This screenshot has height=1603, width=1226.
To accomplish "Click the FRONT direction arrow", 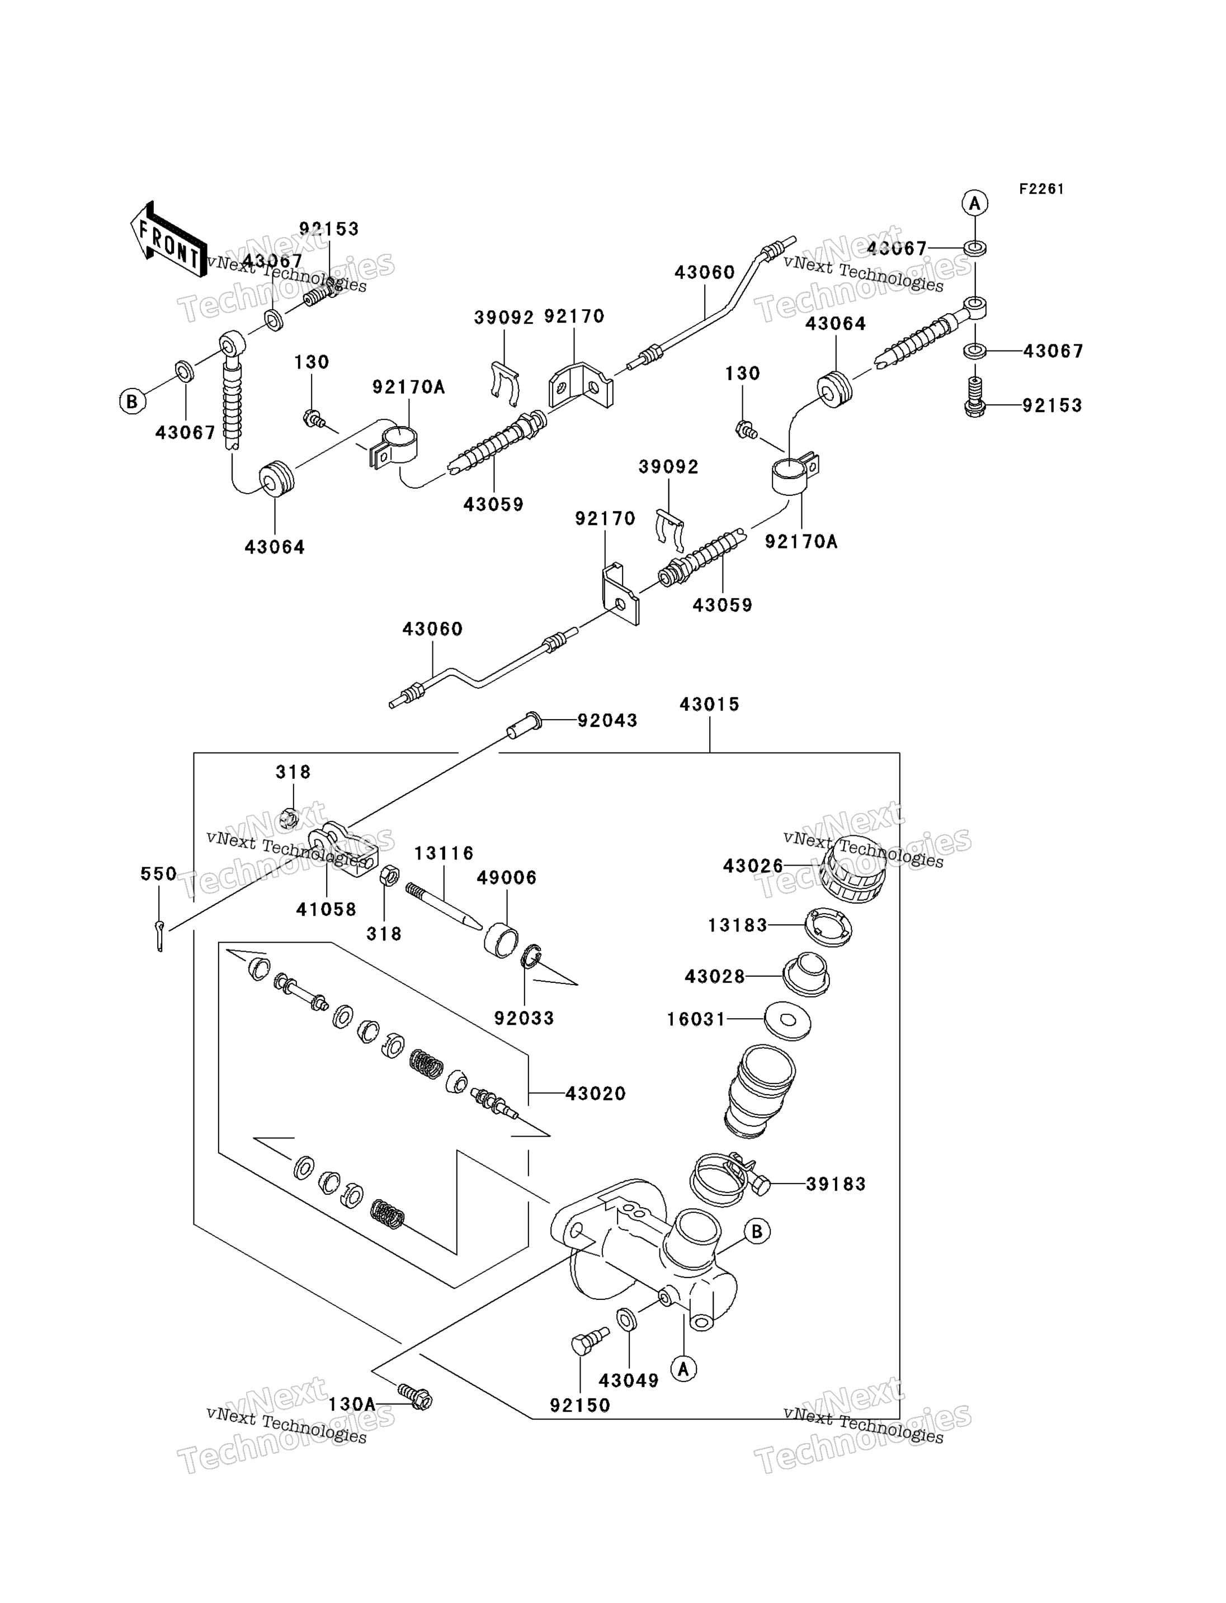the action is pyautogui.click(x=168, y=239).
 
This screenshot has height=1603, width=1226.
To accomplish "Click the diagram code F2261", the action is pyautogui.click(x=1041, y=189).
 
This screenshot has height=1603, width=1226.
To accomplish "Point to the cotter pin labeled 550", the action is pyautogui.click(x=160, y=936).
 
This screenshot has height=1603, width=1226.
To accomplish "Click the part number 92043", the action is pyautogui.click(x=607, y=720).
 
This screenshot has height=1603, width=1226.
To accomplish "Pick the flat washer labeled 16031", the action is pyautogui.click(x=788, y=1019).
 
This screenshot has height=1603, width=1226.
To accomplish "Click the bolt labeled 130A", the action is pyautogui.click(x=415, y=1397).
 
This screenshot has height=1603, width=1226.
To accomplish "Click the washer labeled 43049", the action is pyautogui.click(x=626, y=1319).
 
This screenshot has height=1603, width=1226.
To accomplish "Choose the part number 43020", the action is pyautogui.click(x=596, y=1093).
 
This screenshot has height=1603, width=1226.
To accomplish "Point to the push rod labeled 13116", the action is pyautogui.click(x=443, y=907).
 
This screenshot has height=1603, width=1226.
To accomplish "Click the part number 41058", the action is pyautogui.click(x=326, y=909).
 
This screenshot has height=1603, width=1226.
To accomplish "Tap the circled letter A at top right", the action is pyautogui.click(x=975, y=203).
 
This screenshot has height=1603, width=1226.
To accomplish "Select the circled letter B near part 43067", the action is pyautogui.click(x=132, y=401).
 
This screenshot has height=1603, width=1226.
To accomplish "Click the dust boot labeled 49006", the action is pyautogui.click(x=501, y=940).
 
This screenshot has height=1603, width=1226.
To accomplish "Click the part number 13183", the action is pyautogui.click(x=738, y=925).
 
